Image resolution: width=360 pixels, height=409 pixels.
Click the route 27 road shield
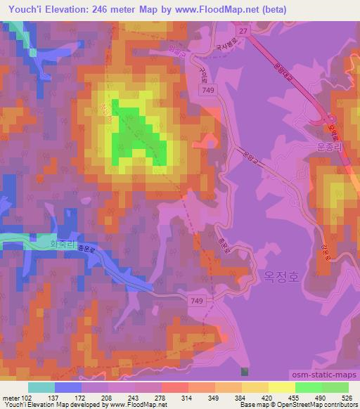(243, 30)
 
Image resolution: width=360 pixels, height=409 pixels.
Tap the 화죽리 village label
(62, 245)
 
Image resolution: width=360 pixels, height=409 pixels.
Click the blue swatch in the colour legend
(68, 387)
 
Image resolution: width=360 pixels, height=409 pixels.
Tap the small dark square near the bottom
(244, 371)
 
